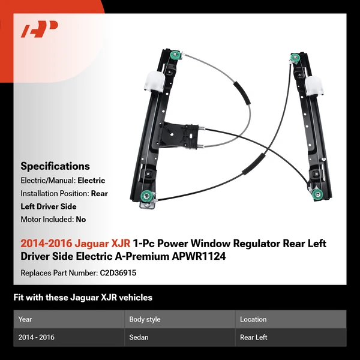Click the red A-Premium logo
click(40, 29)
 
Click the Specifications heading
click(55, 166)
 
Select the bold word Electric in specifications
click(91, 180)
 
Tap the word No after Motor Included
click(80, 220)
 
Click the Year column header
click(25, 319)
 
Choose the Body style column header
click(146, 319)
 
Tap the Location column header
click(253, 319)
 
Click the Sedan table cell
click(139, 337)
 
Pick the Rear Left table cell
click(254, 337)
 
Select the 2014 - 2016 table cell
click(37, 337)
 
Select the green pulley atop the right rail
click(294, 58)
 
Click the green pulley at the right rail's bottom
click(316, 193)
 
